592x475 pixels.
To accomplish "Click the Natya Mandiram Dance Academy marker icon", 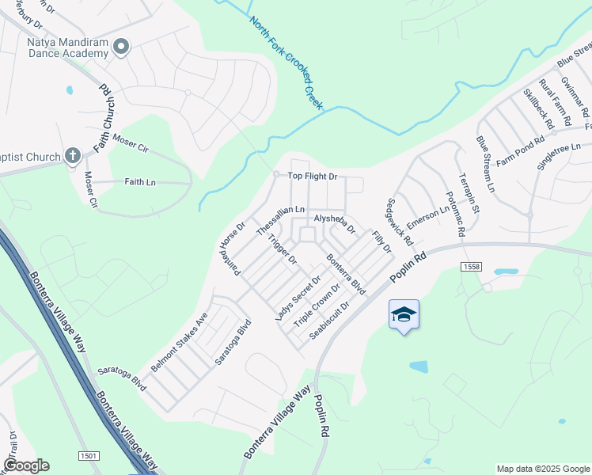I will pyautogui.click(x=121, y=47).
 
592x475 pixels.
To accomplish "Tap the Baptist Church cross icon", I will pyautogui.click(x=72, y=156).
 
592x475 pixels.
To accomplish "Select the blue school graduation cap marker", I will pyautogui.click(x=404, y=315).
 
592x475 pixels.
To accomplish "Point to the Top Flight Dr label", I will pyautogui.click(x=312, y=177).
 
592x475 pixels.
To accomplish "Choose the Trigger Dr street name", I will pyautogui.click(x=282, y=249).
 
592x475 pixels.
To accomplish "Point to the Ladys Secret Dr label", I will pyautogui.click(x=298, y=298).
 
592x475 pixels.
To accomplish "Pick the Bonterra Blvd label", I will pyautogui.click(x=347, y=274).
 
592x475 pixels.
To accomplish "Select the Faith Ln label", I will pyautogui.click(x=140, y=182).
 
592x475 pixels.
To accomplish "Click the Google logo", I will pyautogui.click(x=26, y=465).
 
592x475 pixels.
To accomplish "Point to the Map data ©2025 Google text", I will pyautogui.click(x=542, y=469).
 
